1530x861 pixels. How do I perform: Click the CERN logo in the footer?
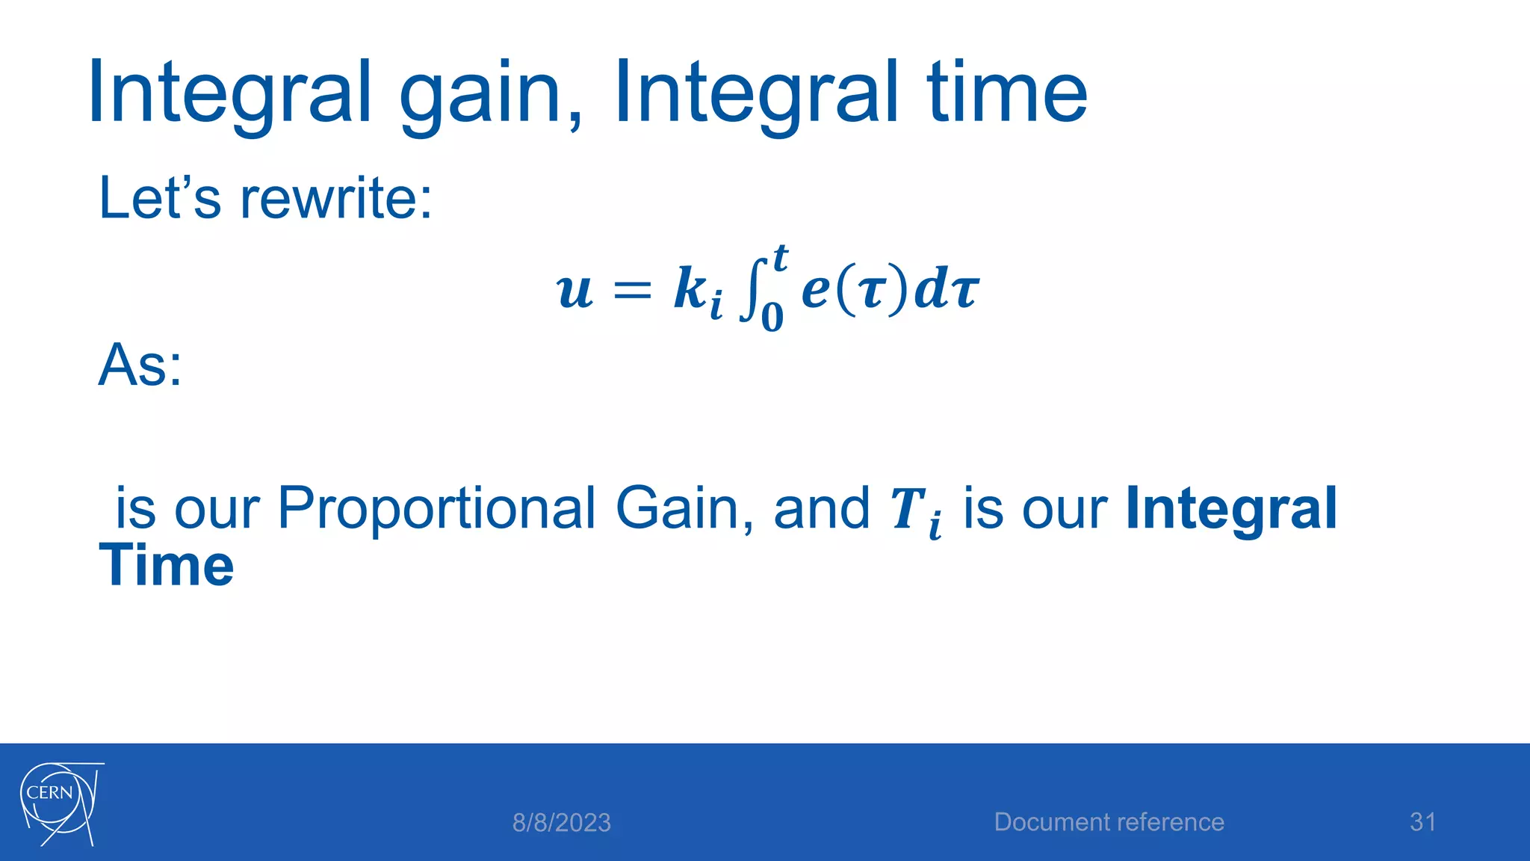(60, 803)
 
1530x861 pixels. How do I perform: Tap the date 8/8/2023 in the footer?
(561, 823)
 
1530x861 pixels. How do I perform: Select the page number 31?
(1422, 822)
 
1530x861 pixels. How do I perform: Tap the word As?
(140, 365)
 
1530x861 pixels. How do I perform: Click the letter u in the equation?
(574, 291)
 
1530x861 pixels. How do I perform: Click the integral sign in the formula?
(751, 288)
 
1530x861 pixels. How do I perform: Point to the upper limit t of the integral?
(779, 259)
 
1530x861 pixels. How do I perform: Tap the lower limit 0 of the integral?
(772, 317)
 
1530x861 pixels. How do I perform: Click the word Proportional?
(436, 508)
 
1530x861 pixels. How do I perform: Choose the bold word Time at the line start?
(166, 566)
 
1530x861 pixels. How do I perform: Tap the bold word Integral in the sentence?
(1230, 508)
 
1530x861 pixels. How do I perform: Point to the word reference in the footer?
(1170, 822)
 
